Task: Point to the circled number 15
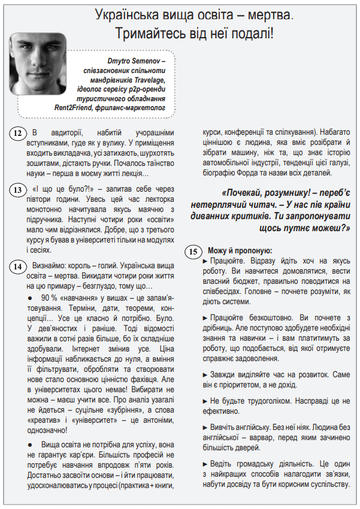tap(192, 252)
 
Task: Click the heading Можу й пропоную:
tap(240, 250)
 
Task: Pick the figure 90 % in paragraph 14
tap(50, 298)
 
